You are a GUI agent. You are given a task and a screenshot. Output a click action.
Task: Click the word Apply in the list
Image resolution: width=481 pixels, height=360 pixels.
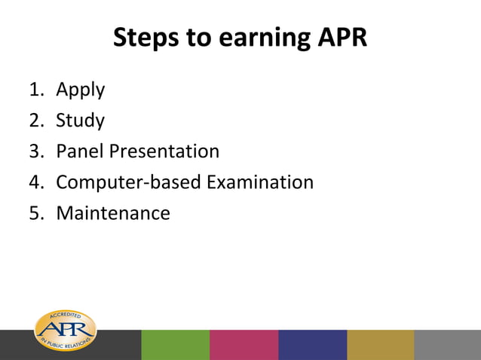coord(80,90)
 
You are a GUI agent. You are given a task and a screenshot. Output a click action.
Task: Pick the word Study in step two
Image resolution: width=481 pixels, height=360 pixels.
coord(80,121)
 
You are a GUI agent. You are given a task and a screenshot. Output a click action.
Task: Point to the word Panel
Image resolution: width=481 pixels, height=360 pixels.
coord(80,151)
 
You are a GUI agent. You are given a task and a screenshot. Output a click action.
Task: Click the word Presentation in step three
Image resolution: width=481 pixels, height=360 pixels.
coord(164,151)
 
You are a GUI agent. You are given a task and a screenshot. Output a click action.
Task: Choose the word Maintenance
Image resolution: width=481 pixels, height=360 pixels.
coord(113,213)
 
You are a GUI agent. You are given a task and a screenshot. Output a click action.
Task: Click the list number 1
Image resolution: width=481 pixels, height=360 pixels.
coord(35,90)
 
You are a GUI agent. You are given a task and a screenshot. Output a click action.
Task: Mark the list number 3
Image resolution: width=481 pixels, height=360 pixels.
coord(35,151)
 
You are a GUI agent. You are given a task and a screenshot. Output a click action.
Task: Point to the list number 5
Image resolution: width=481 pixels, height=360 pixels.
coord(35,213)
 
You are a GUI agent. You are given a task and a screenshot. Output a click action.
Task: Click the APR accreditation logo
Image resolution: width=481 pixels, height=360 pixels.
coord(66,331)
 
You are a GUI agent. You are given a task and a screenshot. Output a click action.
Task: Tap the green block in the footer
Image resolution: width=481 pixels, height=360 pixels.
coord(175,345)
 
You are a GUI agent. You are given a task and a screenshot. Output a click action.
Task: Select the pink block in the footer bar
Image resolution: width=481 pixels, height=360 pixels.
coord(244,345)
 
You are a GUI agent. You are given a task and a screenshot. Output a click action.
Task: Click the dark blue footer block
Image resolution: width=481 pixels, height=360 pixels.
coord(312,345)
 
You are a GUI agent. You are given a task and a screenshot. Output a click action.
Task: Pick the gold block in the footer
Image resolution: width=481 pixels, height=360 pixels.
coord(380,345)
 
